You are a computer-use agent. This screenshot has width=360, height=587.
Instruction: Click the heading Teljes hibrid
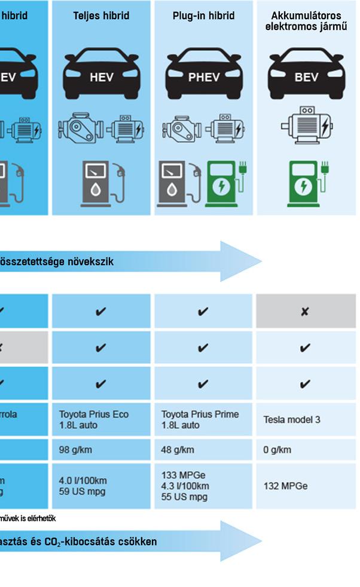coord(101,16)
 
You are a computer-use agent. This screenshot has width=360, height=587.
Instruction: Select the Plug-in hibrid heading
coord(203,16)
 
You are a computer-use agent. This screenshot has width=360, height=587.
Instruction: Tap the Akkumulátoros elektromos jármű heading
coord(306,21)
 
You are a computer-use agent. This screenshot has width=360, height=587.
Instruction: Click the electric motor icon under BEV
coord(306,126)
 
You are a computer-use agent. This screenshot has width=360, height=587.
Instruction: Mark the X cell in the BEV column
coord(305,311)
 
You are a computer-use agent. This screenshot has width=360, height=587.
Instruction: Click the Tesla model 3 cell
coord(292,420)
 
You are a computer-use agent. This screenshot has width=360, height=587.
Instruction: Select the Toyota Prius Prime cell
coord(200,419)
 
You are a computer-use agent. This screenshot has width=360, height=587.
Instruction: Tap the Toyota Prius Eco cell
coord(94,419)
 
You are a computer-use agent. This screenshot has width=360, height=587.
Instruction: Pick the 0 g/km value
coord(277,450)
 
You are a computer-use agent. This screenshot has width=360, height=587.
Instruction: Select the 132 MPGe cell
coord(286,486)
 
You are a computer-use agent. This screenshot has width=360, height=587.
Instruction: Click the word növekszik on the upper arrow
coord(89,261)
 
